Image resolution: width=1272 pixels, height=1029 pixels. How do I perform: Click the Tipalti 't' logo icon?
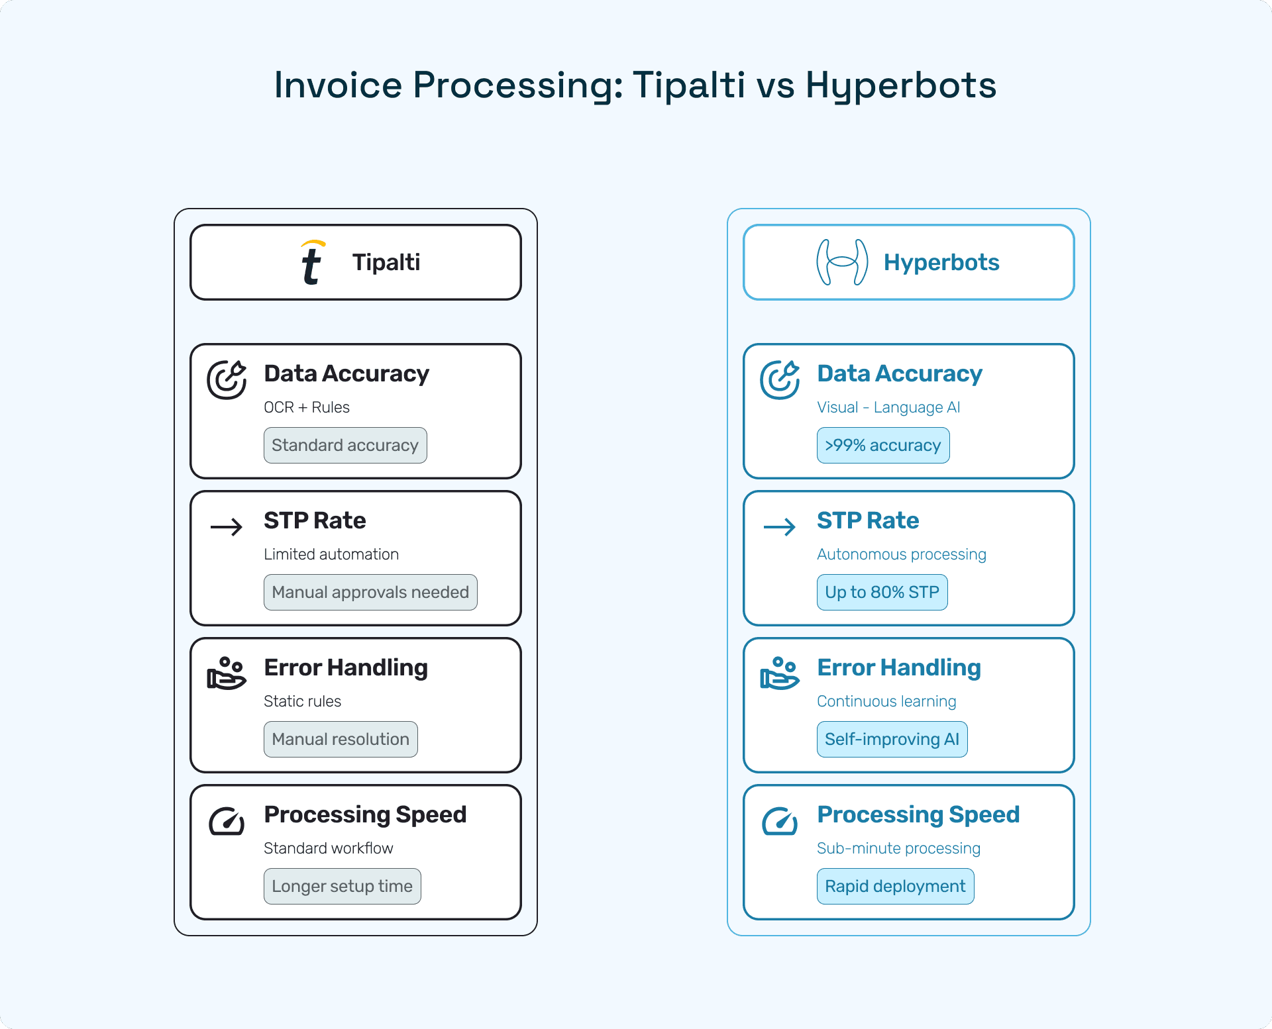coord(311,263)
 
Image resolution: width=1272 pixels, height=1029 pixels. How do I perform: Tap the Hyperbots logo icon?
coord(842,262)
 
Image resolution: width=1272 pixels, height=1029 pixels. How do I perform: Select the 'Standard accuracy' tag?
coord(345,446)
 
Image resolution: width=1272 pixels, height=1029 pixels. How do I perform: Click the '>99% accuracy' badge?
coord(882,446)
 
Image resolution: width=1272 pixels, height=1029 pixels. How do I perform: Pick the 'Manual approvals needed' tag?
coord(370,593)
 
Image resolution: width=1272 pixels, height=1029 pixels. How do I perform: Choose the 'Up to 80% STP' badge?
coord(882,593)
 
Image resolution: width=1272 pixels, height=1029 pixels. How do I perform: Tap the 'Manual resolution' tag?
coord(341,740)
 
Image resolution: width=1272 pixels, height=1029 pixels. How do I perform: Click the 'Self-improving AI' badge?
coord(892,740)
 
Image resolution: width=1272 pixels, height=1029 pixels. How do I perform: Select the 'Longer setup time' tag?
coord(342,887)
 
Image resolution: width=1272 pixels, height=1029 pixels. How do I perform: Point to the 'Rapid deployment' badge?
coord(895,887)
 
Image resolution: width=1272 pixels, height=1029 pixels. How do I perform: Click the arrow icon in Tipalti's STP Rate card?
coord(227,527)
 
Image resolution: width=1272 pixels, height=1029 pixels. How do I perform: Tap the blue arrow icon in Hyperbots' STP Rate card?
coord(780,527)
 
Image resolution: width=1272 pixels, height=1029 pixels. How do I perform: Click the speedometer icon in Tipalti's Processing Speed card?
coord(227,822)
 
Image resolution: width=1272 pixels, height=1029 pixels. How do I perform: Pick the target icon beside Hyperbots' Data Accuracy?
coord(780,380)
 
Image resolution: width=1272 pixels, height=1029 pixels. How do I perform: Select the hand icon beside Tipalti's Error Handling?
coord(227,674)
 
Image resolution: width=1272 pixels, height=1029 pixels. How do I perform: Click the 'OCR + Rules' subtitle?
coord(307,407)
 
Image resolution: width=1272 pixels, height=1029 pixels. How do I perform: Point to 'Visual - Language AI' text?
coord(888,407)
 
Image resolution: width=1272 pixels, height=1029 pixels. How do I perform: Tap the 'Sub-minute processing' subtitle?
coord(898,848)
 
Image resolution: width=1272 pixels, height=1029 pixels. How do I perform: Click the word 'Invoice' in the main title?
coord(338,85)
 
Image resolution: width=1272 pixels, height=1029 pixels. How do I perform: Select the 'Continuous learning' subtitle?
coord(886,701)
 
